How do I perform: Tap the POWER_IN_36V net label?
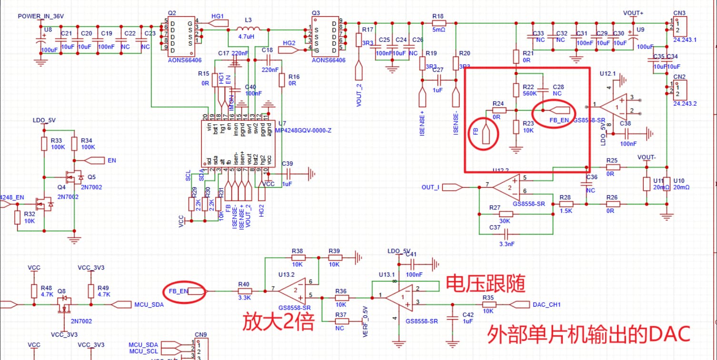tap(40, 16)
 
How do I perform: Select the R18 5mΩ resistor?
tap(438, 23)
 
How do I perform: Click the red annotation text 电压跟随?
tap(486, 284)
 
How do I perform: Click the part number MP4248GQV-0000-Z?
tap(304, 130)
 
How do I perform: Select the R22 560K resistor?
tap(516, 90)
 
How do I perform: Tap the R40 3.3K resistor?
tap(244, 290)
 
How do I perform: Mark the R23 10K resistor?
tap(516, 127)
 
